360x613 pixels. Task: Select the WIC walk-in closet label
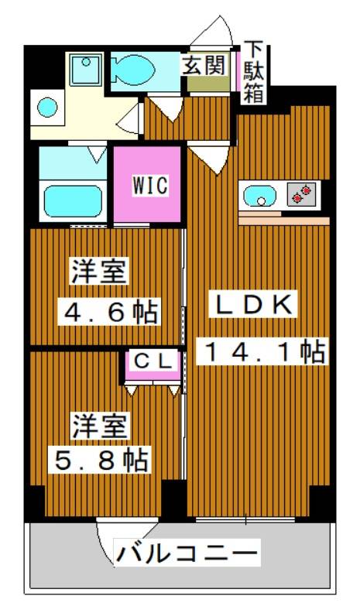point(149,185)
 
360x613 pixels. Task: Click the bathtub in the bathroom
point(73,200)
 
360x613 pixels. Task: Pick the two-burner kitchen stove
point(303,194)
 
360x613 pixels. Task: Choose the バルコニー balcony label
point(187,554)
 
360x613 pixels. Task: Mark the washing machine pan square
point(84,70)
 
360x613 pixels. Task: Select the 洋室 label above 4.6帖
point(100,273)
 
